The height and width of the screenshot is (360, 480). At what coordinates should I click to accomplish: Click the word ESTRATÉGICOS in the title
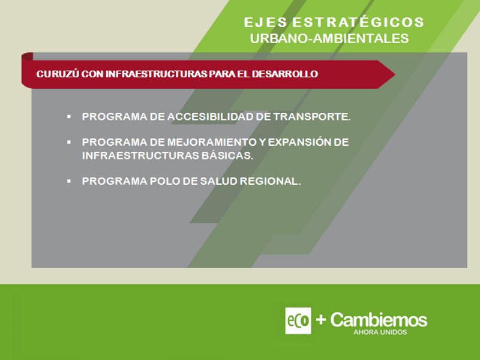tap(358, 22)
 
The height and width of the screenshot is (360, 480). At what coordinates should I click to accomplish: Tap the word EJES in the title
tap(265, 22)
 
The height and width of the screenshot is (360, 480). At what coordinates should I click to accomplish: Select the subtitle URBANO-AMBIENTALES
tap(329, 38)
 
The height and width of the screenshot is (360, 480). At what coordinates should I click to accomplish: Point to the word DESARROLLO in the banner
tap(284, 74)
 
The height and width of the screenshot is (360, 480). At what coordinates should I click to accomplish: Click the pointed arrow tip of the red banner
tap(395, 74)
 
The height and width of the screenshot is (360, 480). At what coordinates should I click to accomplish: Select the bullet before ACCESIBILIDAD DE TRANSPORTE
tap(69, 116)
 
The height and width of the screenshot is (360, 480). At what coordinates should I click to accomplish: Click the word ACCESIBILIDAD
tap(211, 116)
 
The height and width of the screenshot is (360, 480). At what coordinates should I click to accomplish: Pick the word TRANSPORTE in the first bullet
tap(311, 116)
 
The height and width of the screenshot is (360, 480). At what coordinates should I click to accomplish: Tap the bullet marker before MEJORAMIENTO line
tap(69, 142)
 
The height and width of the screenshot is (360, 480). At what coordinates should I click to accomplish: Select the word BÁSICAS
tap(227, 155)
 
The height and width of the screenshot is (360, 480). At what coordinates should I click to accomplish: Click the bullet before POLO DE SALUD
tap(69, 181)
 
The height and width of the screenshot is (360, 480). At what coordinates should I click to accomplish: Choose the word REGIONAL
tap(270, 181)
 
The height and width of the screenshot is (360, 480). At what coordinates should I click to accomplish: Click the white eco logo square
tap(298, 320)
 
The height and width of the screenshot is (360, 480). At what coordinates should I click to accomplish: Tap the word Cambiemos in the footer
tap(379, 320)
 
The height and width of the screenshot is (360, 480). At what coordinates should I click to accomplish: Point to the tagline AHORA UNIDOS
tap(380, 332)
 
